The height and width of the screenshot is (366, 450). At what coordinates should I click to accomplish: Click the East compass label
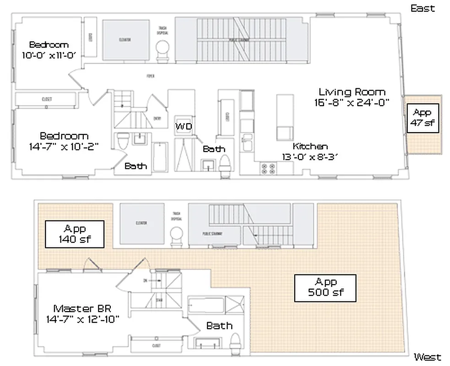pyautogui.click(x=423, y=8)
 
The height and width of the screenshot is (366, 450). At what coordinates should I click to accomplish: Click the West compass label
pyautogui.click(x=427, y=357)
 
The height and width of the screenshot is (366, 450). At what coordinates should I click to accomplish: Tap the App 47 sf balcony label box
pyautogui.click(x=422, y=118)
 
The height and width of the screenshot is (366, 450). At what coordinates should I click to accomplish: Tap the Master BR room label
pyautogui.click(x=82, y=313)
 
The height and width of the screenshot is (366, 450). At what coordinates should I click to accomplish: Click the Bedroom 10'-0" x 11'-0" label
pyautogui.click(x=49, y=49)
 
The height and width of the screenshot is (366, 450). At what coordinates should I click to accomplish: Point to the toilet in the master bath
pyautogui.click(x=235, y=341)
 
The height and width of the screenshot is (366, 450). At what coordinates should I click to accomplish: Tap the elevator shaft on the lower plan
pyautogui.click(x=141, y=223)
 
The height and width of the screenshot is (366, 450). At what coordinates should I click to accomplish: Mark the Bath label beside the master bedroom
pyautogui.click(x=219, y=326)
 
